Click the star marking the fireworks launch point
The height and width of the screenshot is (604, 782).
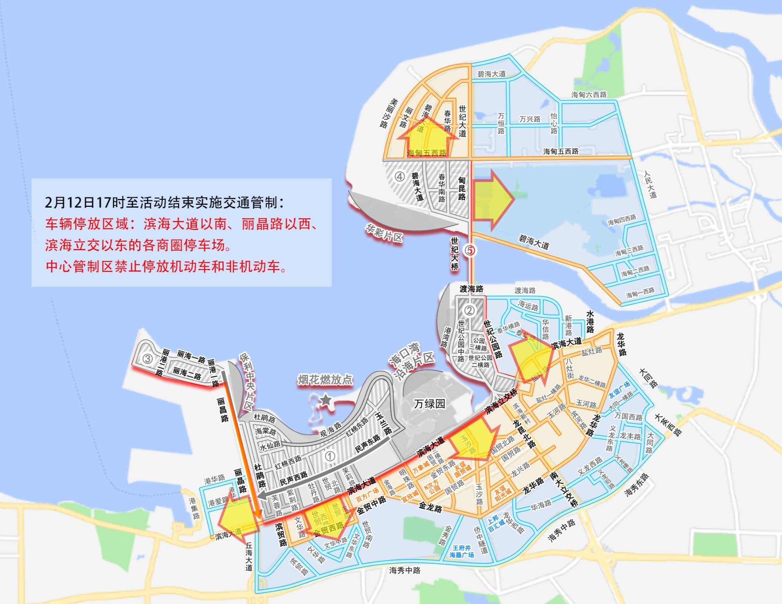pos(325,400)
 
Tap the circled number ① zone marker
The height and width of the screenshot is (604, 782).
pos(331,456)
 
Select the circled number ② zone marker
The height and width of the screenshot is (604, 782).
pos(469,311)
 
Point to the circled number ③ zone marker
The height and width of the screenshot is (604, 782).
pos(147,358)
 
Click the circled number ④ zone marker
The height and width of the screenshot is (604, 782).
pos(399,177)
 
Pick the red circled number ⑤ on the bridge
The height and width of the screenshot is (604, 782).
pos(470,250)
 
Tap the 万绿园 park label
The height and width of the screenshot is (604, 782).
pos(430,403)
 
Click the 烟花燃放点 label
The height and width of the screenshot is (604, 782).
pos(325,379)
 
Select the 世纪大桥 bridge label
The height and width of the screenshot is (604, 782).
pos(455,254)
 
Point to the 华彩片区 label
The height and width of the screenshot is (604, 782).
pos(384,232)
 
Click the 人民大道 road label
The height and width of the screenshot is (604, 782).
pos(650,184)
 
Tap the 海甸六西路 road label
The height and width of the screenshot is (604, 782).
pos(589,95)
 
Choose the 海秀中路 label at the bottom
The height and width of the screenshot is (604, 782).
pos(404,570)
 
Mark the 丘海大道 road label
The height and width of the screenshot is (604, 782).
pos(249,556)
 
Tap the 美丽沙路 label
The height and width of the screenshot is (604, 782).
pos(388,113)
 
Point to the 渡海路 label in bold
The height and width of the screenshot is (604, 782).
pos(471,289)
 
